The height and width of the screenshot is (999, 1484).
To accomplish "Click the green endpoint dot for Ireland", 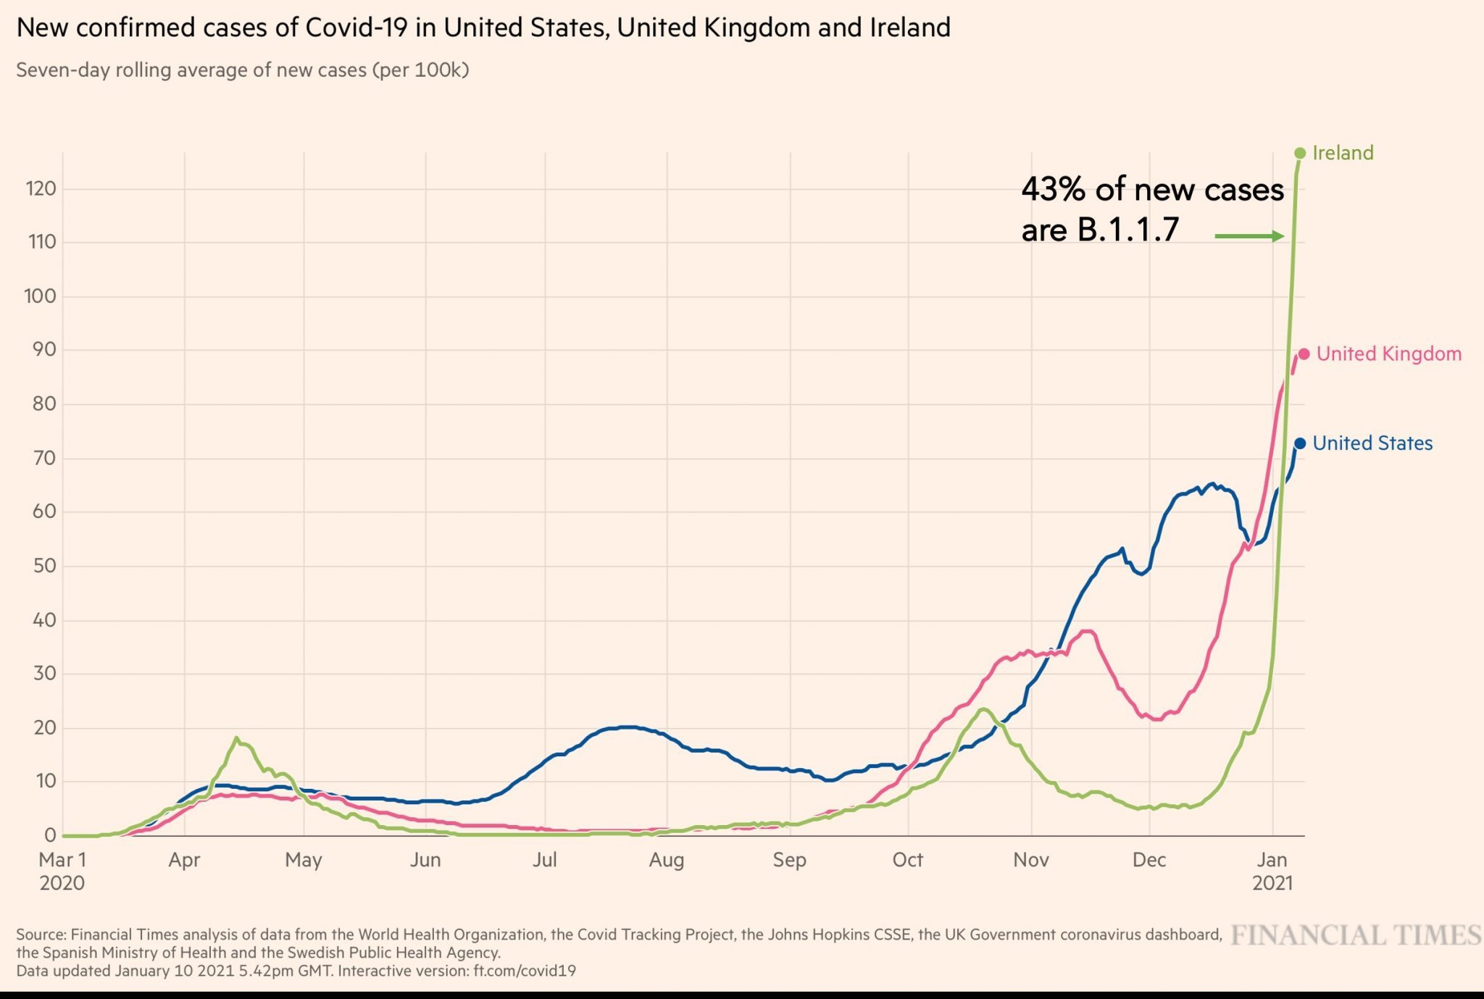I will tap(1299, 153).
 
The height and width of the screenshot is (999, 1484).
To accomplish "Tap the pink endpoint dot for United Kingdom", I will tap(1304, 354).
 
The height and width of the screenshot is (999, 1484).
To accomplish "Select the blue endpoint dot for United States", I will tap(1300, 443).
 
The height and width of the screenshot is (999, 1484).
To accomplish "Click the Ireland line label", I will tap(1343, 153).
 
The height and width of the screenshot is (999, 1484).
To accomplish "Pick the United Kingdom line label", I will tap(1388, 354).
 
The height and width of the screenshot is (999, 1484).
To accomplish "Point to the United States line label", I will tap(1372, 443).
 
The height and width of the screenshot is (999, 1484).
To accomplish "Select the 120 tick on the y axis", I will tap(41, 189).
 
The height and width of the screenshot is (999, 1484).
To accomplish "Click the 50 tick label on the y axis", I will tap(44, 566).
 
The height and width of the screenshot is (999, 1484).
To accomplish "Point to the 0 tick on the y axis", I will tap(50, 835).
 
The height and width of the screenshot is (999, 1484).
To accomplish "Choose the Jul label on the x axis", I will tap(545, 860).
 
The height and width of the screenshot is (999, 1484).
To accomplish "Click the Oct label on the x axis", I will tap(907, 860).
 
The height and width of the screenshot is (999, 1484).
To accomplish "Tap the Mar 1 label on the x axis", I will tap(62, 860).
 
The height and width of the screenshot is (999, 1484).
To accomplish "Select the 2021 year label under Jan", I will tap(1272, 883).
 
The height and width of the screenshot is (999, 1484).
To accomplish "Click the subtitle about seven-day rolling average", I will tap(243, 70).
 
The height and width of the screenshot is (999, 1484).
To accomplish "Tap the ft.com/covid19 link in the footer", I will tap(525, 971).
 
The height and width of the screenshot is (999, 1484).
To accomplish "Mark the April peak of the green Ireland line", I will tap(236, 738).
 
